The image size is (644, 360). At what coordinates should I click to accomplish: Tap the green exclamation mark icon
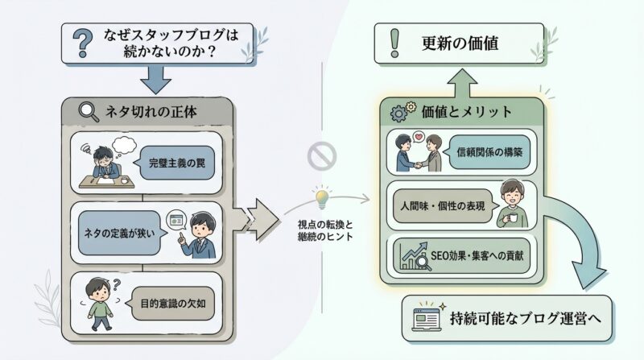click(x=394, y=43)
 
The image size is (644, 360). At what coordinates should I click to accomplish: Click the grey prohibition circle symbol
click(x=321, y=155)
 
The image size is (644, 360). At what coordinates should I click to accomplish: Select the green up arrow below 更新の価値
click(x=463, y=82)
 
